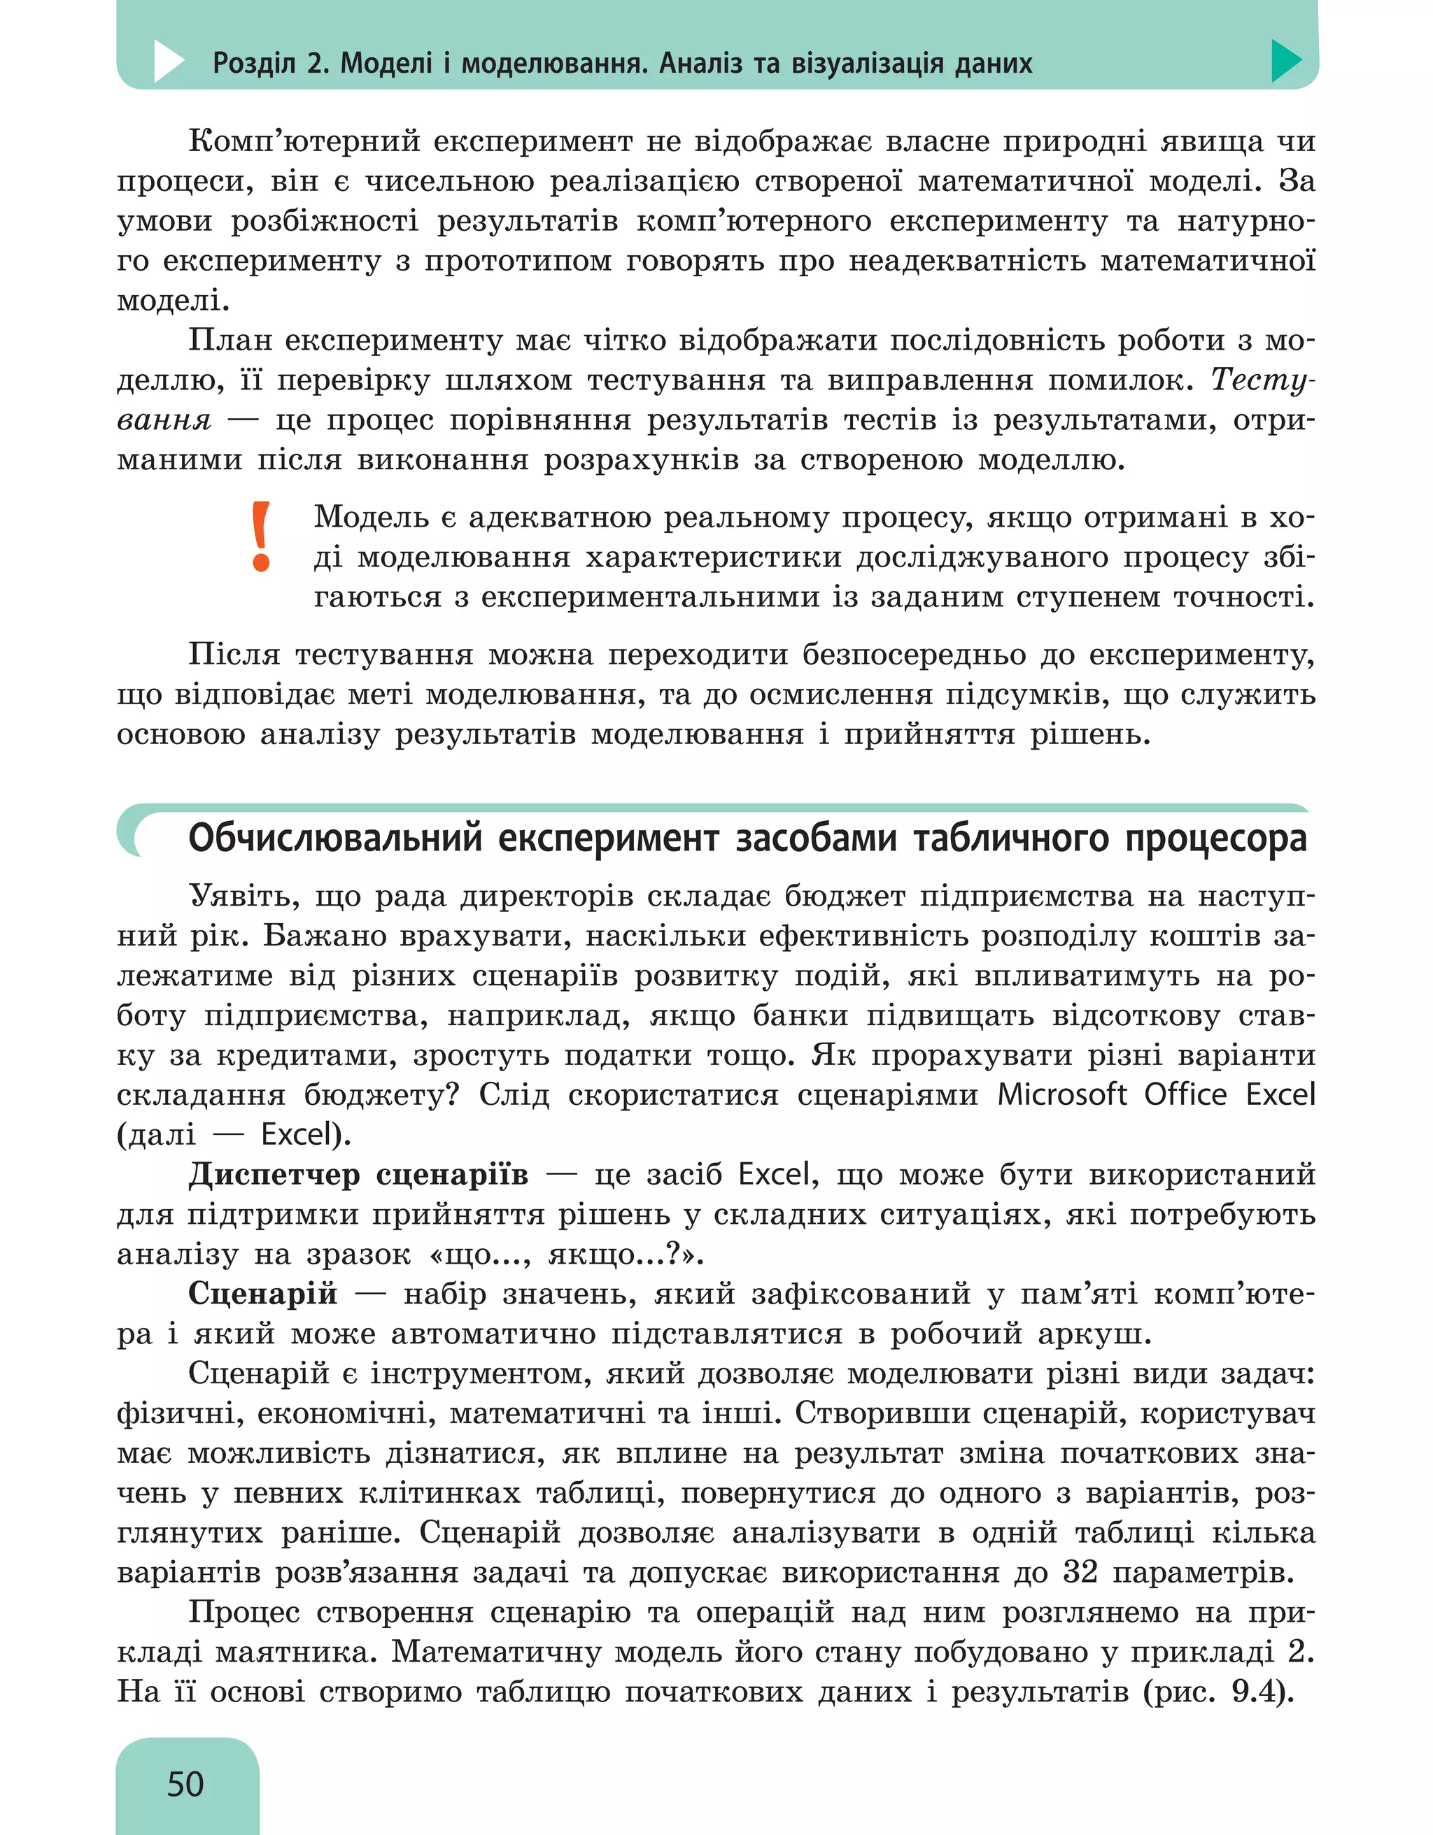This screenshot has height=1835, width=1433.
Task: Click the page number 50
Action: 185,1784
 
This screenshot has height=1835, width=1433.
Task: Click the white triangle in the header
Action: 168,62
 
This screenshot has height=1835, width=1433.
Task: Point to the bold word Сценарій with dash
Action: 263,1293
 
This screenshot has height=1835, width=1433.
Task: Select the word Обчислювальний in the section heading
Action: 335,838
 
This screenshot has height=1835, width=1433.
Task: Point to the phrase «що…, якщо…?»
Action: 565,1254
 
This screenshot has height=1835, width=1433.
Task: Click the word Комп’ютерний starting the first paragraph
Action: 304,141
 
